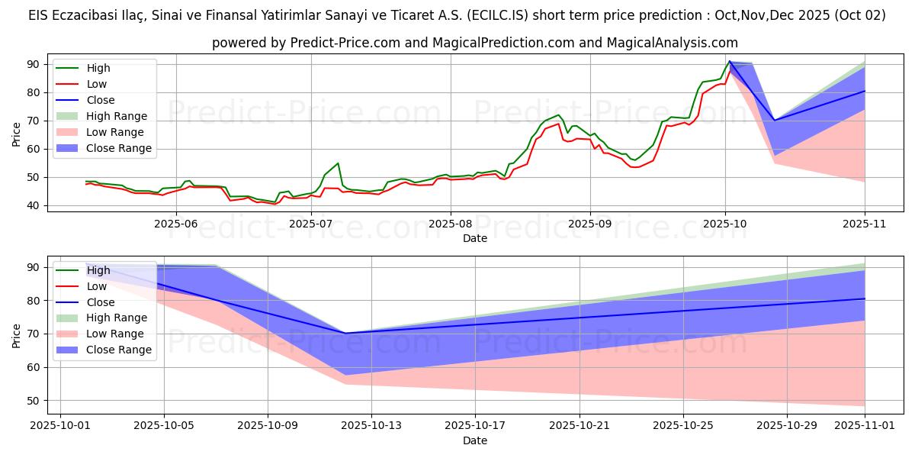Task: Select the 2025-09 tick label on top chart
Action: coord(590,224)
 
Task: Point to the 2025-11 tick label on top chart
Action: coord(865,224)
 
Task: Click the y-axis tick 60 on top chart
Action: coord(34,149)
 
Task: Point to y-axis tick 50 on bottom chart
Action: coord(34,400)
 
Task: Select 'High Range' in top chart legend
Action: coord(117,116)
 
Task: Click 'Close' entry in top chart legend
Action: coord(101,100)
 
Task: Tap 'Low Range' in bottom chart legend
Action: coord(115,334)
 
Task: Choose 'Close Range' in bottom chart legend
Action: coord(119,350)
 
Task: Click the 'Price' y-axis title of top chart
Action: coord(17,134)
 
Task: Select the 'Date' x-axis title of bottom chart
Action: coord(475,441)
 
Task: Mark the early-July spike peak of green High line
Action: coord(338,163)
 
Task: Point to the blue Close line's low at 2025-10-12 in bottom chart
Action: coord(345,333)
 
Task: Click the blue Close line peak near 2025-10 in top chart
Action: coord(730,61)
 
